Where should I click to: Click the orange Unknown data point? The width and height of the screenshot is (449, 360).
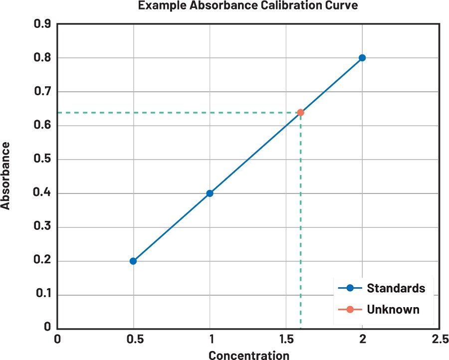[x=300, y=113]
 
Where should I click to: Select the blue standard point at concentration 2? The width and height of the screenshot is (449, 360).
[x=362, y=58]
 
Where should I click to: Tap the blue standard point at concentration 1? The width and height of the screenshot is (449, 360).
[x=210, y=193]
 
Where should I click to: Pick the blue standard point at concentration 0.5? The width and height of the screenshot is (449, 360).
[x=133, y=261]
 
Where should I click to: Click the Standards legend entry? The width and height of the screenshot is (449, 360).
[x=382, y=288]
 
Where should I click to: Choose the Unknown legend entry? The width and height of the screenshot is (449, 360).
[x=379, y=309]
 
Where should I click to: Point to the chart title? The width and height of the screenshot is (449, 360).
[x=248, y=5]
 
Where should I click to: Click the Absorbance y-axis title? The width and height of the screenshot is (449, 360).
[x=5, y=176]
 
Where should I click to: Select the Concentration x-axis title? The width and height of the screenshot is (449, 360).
[x=249, y=355]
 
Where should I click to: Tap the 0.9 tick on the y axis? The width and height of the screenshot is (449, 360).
[x=42, y=24]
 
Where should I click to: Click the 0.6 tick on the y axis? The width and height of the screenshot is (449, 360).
[x=42, y=125]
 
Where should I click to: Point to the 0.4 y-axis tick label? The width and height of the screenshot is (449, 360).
[x=42, y=192]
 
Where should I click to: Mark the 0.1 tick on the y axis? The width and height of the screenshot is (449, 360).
[x=43, y=294]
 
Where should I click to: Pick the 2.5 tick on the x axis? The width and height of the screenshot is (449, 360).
[x=441, y=339]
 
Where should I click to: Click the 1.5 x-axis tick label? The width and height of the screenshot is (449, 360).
[x=286, y=339]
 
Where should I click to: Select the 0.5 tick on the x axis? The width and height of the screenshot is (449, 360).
[x=135, y=339]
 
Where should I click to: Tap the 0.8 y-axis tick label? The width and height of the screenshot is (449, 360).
[x=42, y=57]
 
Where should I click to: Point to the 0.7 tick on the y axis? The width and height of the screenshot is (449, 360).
[x=43, y=91]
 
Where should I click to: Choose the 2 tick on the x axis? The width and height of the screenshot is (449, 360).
[x=363, y=339]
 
